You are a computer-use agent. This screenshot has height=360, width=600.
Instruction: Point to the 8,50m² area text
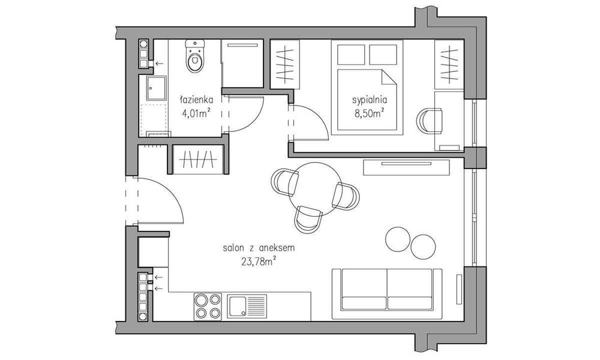(369, 113)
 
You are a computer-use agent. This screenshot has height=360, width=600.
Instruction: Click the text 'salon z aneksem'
(259, 248)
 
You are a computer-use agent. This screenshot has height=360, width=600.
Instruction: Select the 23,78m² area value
(259, 261)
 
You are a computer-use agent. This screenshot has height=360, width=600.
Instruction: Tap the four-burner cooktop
(208, 307)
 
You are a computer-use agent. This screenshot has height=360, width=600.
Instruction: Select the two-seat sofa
(387, 289)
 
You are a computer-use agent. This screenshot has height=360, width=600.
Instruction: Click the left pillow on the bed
(351, 54)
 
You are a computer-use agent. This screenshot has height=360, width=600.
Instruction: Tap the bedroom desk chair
(430, 121)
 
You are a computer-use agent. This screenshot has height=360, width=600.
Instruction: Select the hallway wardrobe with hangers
(198, 160)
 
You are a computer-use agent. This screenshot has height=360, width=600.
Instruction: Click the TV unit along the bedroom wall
(406, 167)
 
